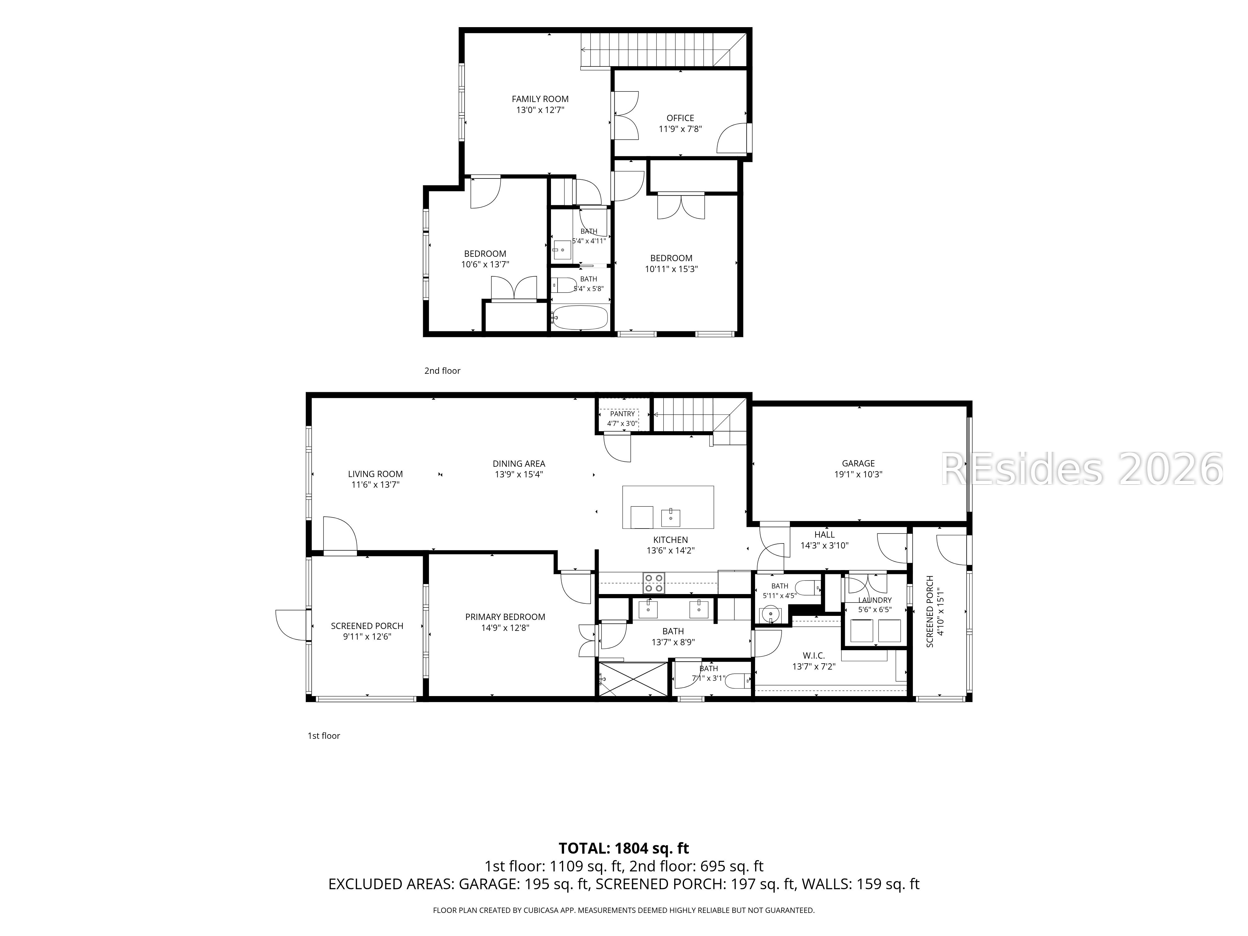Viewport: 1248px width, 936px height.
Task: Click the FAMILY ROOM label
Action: click(x=540, y=99)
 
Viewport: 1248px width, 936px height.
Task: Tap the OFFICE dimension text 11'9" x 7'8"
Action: click(x=680, y=129)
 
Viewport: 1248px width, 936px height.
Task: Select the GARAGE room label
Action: click(x=858, y=463)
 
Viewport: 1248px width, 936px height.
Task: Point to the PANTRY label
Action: click(x=622, y=413)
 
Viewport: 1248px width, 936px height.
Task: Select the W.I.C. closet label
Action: click(x=814, y=656)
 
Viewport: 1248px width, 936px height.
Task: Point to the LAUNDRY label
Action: click(x=875, y=600)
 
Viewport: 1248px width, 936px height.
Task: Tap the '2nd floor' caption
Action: click(x=442, y=371)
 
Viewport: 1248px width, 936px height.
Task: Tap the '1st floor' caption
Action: click(x=324, y=736)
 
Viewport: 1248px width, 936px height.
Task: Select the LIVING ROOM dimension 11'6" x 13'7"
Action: click(x=375, y=485)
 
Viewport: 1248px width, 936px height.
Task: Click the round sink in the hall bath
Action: click(x=770, y=613)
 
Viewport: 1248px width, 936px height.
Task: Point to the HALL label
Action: click(x=824, y=534)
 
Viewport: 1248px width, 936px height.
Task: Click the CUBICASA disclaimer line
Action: click(x=623, y=910)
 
